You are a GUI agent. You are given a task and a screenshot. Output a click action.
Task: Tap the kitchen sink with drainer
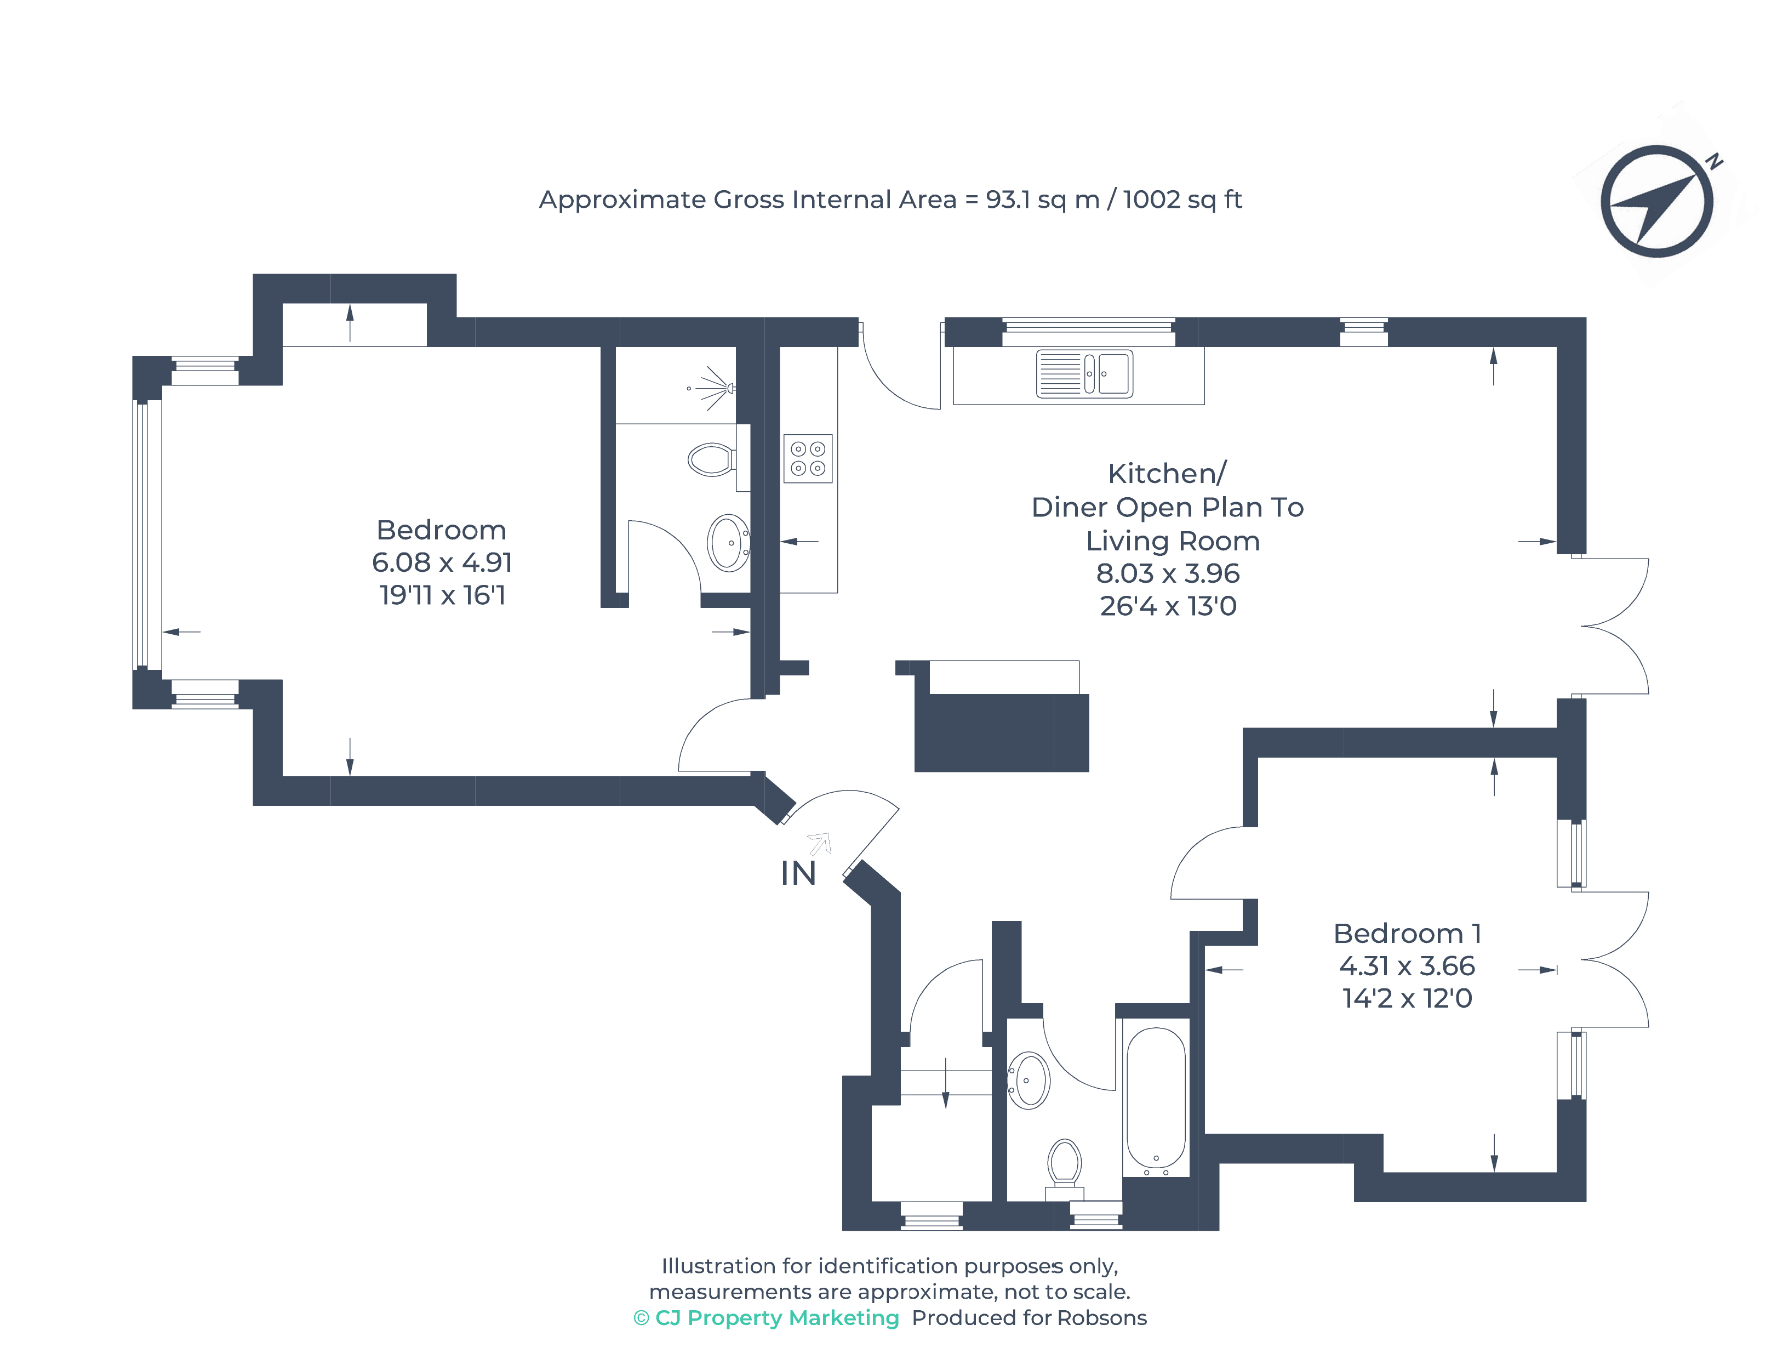[1084, 374]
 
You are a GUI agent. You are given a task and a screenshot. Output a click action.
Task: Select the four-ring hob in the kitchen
[808, 459]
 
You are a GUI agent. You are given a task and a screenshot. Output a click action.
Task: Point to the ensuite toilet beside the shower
[711, 459]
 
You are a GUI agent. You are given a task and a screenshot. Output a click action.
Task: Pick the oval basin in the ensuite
[728, 543]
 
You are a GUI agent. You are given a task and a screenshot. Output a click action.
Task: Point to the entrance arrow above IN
[820, 844]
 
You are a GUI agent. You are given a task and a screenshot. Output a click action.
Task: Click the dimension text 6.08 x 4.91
[442, 562]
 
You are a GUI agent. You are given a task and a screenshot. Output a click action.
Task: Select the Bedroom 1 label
[1407, 934]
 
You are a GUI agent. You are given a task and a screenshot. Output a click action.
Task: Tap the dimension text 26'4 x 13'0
[1168, 606]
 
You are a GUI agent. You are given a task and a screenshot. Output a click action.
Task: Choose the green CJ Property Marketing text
[767, 1318]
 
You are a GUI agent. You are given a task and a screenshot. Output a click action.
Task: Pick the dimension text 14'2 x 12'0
[1407, 998]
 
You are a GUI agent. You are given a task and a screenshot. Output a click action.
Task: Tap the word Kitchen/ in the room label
[1167, 473]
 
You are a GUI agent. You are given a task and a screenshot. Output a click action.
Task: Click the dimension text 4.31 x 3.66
[1407, 966]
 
